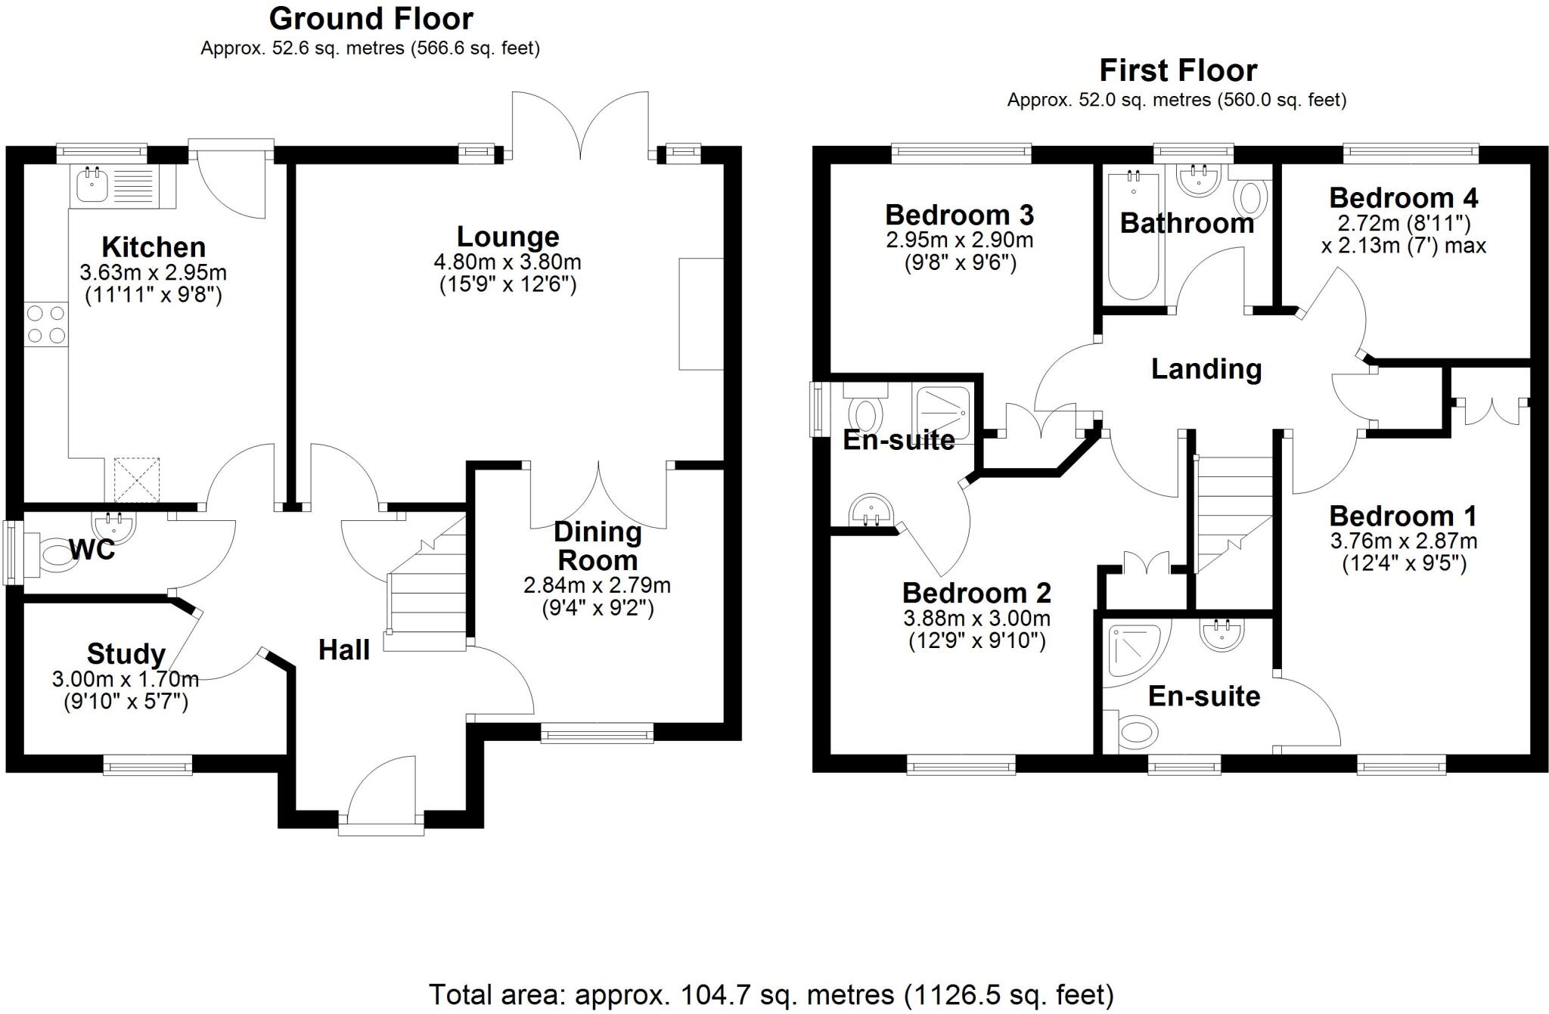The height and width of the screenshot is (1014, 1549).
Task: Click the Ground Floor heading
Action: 371,18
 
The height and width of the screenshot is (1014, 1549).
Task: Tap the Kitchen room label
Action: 154,247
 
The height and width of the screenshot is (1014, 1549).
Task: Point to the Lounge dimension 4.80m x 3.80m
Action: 508,263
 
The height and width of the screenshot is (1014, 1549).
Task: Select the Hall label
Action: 343,650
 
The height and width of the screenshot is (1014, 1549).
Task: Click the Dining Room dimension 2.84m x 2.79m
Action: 597,585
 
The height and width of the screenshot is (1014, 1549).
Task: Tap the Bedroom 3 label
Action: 959,216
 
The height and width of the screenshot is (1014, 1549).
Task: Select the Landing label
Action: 1206,369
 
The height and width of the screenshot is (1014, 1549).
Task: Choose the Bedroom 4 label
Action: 1403,198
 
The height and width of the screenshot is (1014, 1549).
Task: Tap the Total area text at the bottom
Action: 771,994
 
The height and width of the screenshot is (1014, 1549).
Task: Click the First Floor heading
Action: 1178,70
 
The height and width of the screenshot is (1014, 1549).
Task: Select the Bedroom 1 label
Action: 1402,516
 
